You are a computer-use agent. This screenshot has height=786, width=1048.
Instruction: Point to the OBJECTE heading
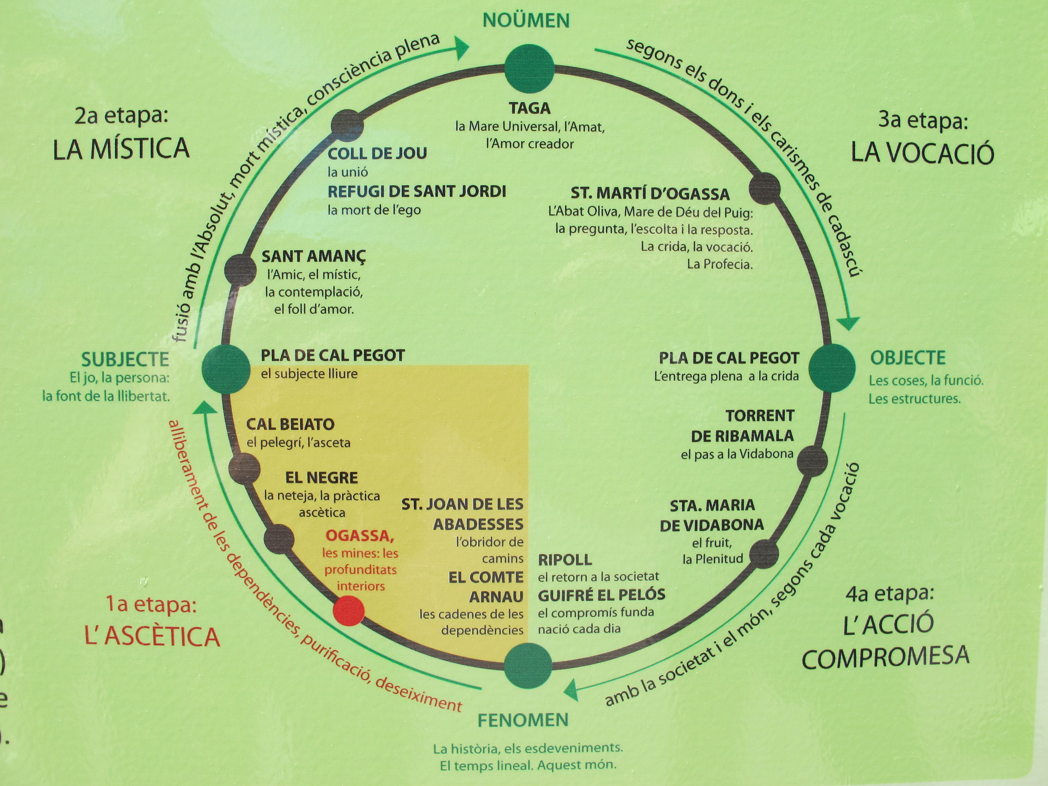point(908,358)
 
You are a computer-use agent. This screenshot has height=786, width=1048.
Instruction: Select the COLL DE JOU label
point(377,153)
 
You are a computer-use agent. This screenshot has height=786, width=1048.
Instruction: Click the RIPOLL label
point(565,560)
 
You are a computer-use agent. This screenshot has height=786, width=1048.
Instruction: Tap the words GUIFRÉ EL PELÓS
point(602,595)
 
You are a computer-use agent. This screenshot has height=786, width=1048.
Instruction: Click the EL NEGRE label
point(322,477)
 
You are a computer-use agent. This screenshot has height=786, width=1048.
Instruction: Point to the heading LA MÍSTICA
point(121,149)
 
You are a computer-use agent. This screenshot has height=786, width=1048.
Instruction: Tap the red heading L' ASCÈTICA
point(152,636)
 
